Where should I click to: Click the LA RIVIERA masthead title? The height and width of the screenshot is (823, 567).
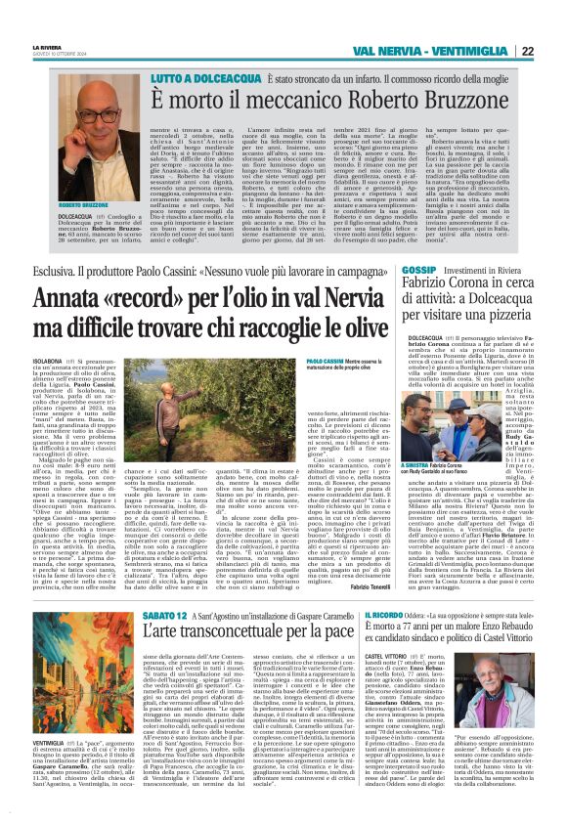pos(46,46)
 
